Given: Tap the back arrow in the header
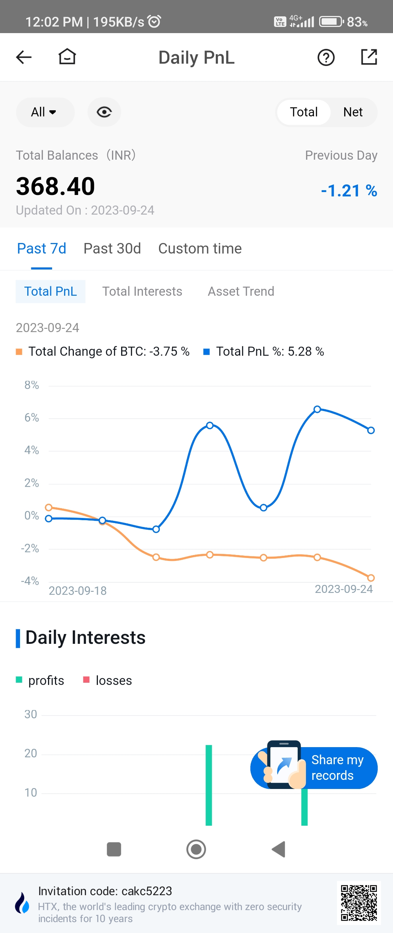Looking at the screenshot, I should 24,57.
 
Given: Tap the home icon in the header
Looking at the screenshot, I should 67,57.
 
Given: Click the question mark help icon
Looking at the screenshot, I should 326,57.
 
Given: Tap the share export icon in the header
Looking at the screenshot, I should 369,57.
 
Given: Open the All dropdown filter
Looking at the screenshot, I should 45,112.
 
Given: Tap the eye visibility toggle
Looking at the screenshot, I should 104,112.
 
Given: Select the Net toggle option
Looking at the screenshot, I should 353,112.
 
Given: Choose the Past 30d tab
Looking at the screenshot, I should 112,249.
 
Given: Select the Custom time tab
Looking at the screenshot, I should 200,249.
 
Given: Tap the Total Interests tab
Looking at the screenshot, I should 142,291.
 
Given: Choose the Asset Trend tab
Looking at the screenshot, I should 241,291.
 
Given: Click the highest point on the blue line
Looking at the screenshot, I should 317,409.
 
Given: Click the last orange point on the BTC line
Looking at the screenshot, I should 371,578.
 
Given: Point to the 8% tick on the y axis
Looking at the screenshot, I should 32,385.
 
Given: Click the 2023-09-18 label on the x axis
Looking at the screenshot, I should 78,591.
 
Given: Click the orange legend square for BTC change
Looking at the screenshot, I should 19,352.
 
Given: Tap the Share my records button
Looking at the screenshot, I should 320,767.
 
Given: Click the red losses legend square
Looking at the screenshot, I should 86,680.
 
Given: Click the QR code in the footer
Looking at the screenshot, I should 358,903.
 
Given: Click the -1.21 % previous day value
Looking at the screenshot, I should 349,191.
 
